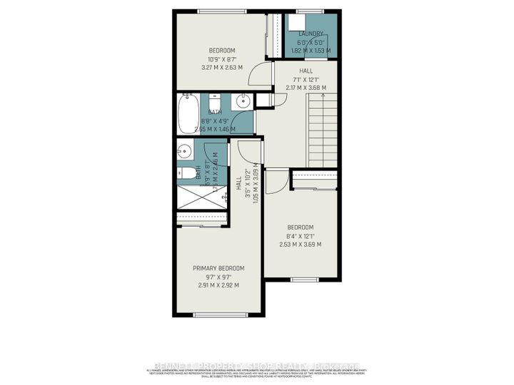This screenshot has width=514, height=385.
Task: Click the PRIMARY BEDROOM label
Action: (218, 268)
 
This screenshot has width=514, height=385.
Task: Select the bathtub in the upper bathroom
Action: (188, 114)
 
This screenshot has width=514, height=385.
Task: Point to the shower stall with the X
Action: (201, 195)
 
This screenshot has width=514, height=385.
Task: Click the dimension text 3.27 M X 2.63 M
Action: (221, 68)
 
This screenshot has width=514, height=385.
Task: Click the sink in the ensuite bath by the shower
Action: (184, 150)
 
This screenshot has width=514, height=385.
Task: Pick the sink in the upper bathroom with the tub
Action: (243, 100)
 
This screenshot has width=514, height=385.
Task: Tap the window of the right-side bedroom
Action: (300, 278)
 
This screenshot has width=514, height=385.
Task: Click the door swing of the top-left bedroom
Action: (264, 73)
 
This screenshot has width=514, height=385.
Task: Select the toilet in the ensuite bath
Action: (183, 173)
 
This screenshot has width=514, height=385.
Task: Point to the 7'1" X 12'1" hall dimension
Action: (309, 79)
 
